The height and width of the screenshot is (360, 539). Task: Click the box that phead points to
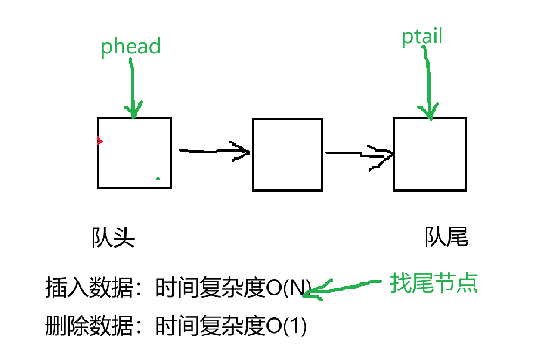134,153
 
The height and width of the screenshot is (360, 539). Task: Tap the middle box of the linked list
287,155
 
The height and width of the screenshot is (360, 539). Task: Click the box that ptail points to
430,154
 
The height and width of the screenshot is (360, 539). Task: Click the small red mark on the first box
99,140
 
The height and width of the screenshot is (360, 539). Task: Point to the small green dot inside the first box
158,178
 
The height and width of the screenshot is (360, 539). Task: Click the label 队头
113,237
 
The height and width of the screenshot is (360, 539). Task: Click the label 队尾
446,236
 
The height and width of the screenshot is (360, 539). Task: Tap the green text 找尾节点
434,283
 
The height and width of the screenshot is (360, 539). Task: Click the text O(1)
286,327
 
